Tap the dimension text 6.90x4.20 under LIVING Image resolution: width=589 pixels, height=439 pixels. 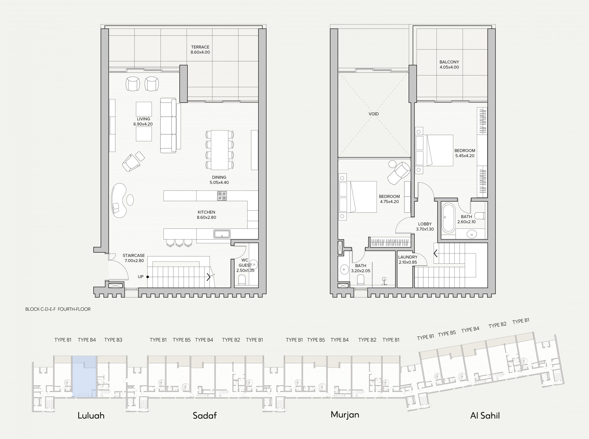pos(143,124)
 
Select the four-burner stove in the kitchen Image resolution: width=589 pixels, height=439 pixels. pos(222,196)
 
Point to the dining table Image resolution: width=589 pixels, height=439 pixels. pos(219,150)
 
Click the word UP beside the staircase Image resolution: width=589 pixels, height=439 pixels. pos(141,277)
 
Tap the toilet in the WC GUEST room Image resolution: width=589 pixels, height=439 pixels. pos(242,280)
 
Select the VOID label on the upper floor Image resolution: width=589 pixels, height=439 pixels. pos(374,114)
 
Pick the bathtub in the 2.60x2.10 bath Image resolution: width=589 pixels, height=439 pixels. pos(448,218)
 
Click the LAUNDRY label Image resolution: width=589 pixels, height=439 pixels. pos(408,257)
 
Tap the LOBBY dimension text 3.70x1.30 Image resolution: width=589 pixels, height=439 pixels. pos(425,229)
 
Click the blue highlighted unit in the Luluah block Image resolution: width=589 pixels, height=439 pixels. pos(84,377)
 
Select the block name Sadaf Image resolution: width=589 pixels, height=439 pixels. pos(205,415)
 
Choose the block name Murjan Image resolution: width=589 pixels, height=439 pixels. pos(345,415)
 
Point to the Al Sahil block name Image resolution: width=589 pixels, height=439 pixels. pos(485,415)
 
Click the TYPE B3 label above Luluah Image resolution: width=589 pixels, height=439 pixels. pos(113,340)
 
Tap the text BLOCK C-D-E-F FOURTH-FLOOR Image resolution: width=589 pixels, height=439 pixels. pos(58,309)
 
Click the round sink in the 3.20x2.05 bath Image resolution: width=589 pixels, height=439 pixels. pos(344,270)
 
